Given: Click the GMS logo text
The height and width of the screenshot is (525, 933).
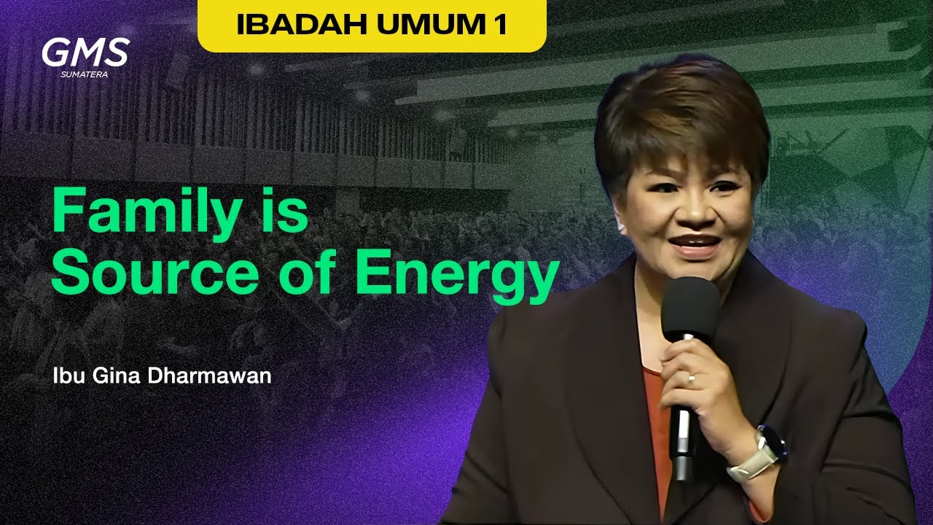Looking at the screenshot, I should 85,52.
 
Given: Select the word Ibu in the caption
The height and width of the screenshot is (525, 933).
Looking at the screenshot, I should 68,378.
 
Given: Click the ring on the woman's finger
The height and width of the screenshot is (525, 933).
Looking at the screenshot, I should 691,378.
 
